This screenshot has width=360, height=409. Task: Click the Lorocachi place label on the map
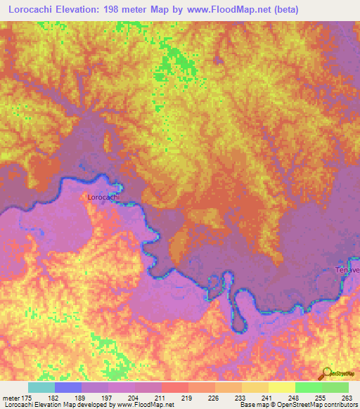[104, 197]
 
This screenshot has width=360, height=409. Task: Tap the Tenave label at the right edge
[347, 271]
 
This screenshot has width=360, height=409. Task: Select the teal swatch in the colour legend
[41, 387]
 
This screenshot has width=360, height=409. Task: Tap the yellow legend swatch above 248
[281, 387]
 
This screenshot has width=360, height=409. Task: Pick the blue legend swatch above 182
[68, 387]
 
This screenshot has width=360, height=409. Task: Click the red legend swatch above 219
[174, 387]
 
